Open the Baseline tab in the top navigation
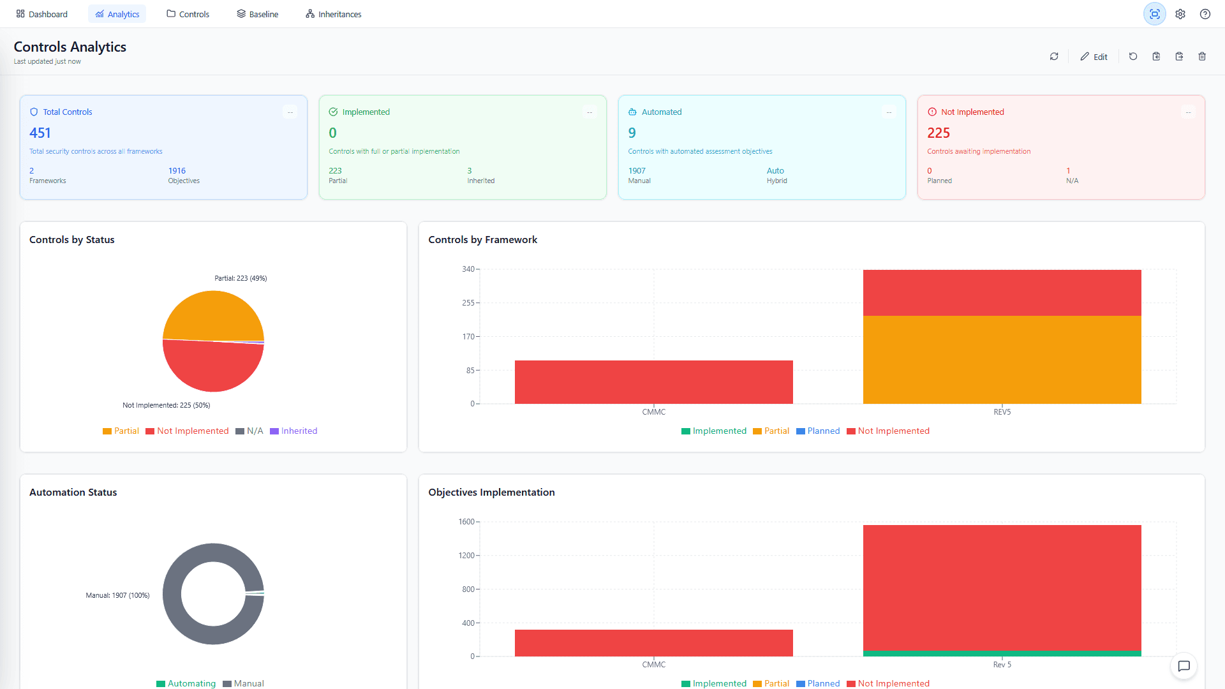tap(257, 14)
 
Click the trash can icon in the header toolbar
tap(1202, 56)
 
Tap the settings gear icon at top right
tap(1180, 14)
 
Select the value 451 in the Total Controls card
tap(40, 133)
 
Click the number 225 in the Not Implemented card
tap(938, 133)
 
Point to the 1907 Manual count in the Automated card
tap(637, 170)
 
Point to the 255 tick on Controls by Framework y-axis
tap(468, 303)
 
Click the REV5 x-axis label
tap(1002, 412)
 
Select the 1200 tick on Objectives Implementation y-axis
tap(466, 556)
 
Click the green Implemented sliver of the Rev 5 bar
tap(1002, 653)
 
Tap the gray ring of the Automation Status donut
tap(172, 594)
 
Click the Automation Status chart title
tap(73, 493)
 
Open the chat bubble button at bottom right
tap(1184, 666)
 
